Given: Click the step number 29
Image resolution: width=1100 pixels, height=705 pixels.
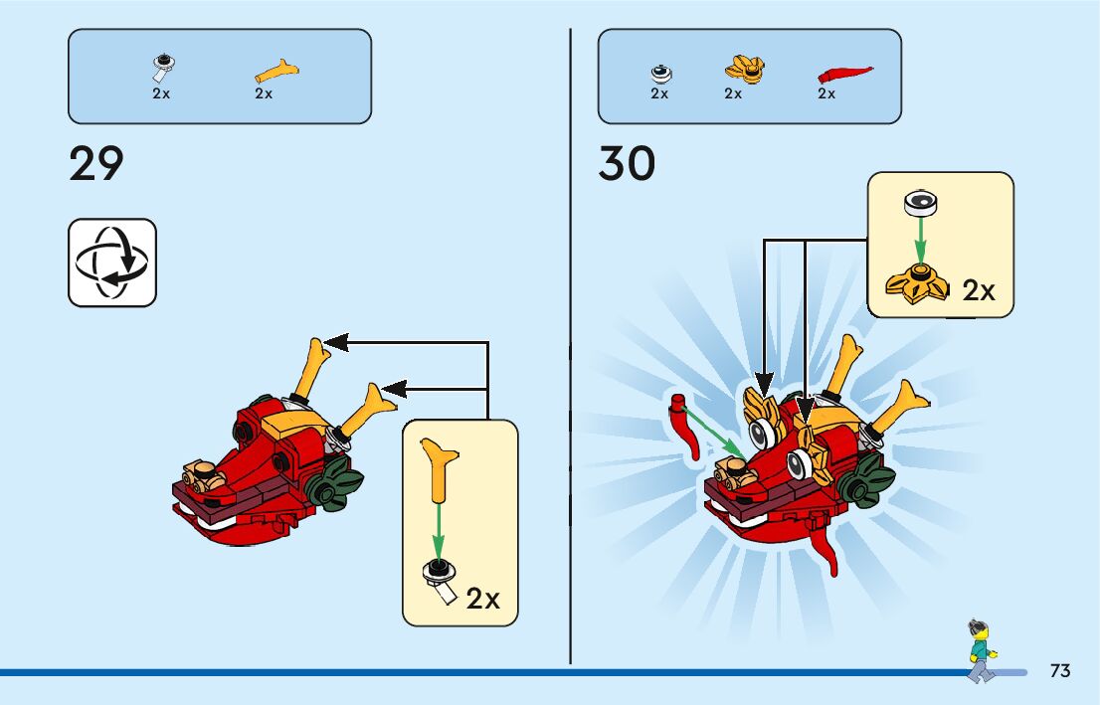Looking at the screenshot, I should coord(96,164).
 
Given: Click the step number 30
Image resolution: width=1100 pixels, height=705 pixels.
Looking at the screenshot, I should coord(627,164).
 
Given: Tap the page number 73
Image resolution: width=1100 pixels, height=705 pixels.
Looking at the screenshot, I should coord(1059,670).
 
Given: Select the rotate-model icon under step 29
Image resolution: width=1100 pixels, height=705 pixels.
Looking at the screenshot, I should coord(112,263).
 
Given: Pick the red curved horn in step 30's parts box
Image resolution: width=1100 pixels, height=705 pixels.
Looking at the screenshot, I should coord(844,73).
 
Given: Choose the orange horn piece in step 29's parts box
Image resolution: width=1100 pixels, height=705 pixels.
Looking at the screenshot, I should coord(277,71).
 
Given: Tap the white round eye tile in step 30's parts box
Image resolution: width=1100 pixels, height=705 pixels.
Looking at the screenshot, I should coord(660,73).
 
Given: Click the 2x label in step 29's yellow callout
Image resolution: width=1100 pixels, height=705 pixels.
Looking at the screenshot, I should coord(483,599).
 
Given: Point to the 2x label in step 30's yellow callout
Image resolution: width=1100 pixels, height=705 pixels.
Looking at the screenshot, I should coord(979,290).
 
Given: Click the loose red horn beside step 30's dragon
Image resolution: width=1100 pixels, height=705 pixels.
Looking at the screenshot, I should coord(685,427).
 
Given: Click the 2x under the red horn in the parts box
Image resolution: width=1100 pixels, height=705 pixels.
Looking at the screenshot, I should coord(826,94).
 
